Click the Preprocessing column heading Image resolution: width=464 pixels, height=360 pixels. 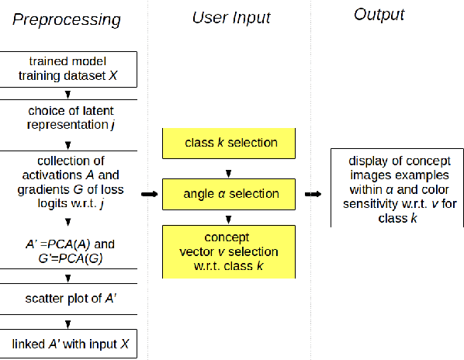[66, 19]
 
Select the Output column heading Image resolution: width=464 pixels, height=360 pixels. [379, 14]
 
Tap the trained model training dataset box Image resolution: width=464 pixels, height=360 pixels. [68, 70]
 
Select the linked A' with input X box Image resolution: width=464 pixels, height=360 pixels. [68, 344]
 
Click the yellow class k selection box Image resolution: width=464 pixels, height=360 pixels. [230, 144]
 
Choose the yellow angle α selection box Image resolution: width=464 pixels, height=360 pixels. [230, 194]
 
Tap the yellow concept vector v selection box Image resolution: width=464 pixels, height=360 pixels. [230, 251]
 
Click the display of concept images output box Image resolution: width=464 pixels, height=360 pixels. [396, 187]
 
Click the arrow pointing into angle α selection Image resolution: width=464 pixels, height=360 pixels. [149, 194]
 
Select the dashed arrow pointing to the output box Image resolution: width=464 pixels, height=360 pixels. [313, 194]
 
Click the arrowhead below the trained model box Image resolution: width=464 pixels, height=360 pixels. [69, 93]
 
